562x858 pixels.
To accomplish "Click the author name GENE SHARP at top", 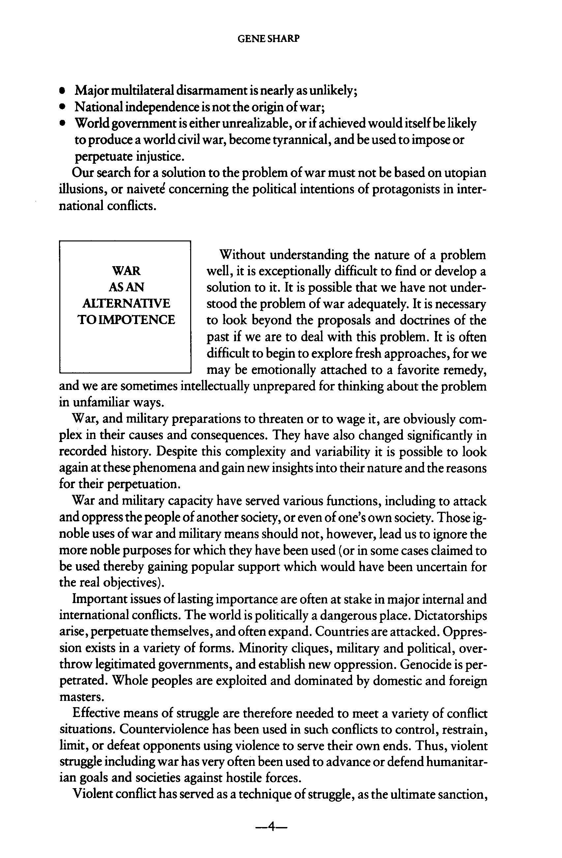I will (268, 39).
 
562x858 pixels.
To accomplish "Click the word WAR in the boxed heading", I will (126, 270).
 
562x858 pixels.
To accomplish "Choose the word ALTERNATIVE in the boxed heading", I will (126, 303).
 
